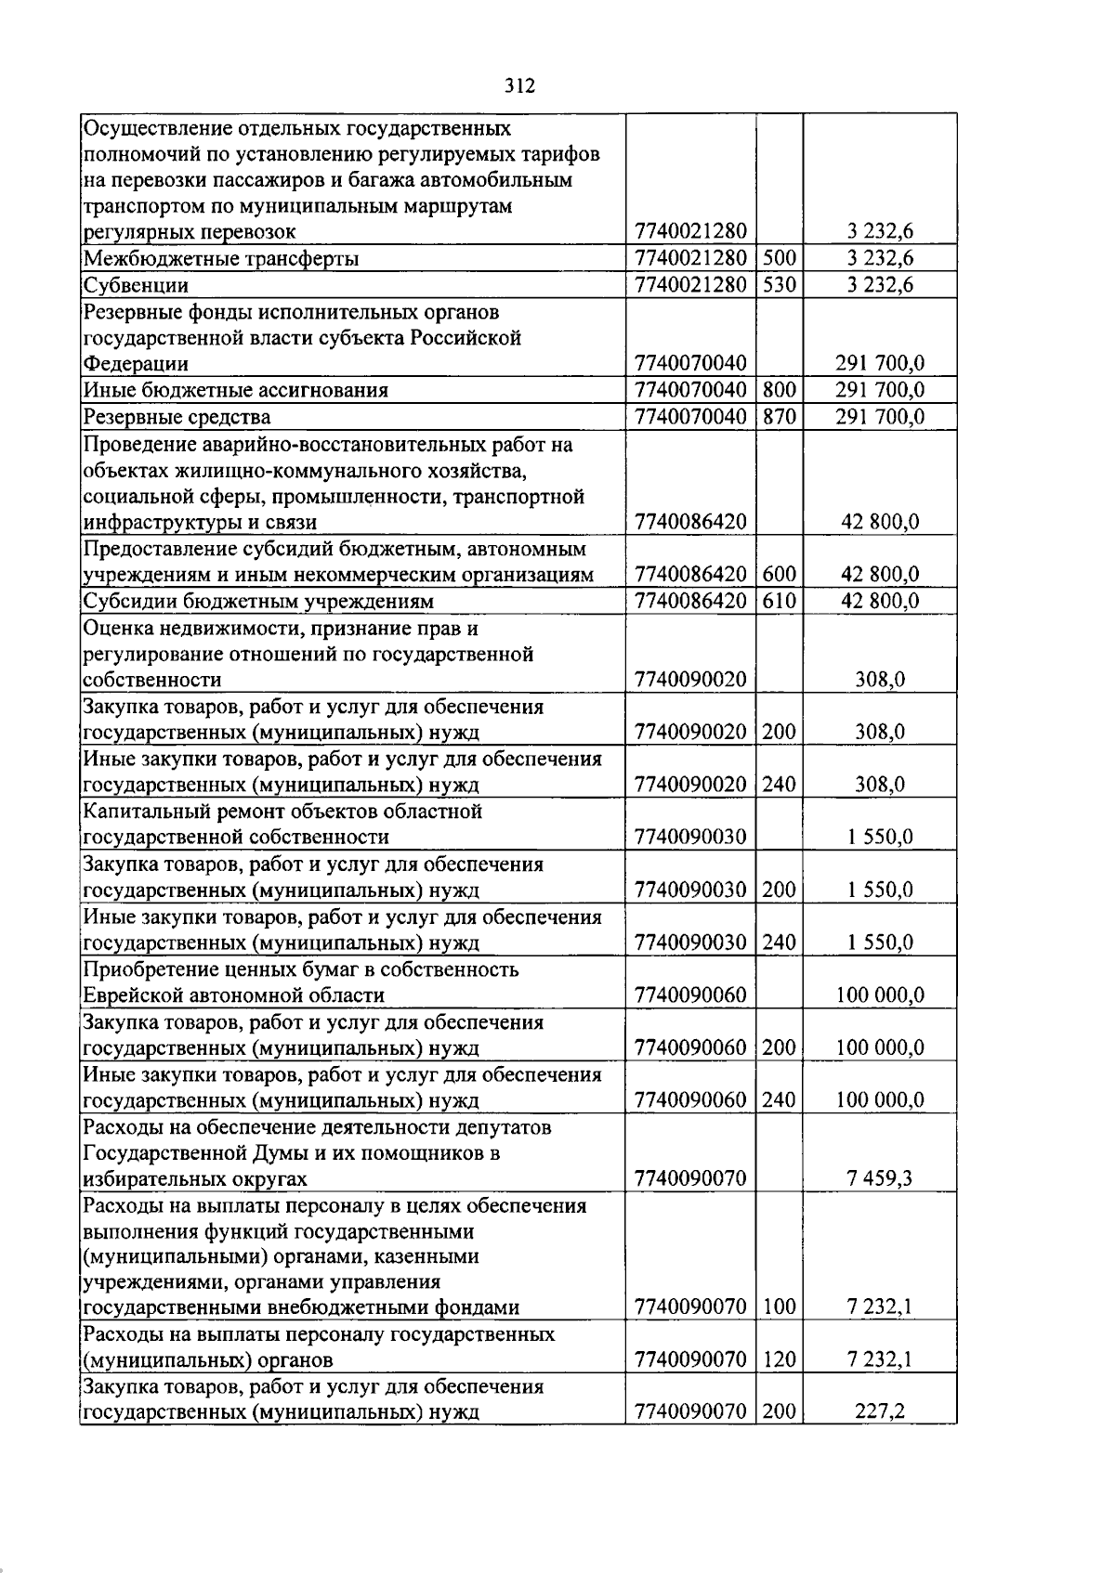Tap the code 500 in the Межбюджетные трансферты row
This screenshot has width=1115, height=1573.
(779, 258)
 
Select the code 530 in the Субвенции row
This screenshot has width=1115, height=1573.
(779, 285)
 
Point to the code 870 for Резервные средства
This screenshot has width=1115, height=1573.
(779, 417)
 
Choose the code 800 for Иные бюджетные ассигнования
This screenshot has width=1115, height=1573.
(779, 390)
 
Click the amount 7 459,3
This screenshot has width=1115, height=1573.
(879, 1179)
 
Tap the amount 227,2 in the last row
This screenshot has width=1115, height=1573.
(879, 1413)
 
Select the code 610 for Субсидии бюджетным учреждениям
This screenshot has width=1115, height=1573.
(779, 601)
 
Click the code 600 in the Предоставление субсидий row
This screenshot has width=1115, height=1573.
(779, 575)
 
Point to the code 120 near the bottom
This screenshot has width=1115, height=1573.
(779, 1360)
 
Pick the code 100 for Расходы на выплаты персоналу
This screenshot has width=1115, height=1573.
(779, 1307)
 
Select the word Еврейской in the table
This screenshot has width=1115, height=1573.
(134, 995)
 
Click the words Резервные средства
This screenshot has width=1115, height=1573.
(177, 417)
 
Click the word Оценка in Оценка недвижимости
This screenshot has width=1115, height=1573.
(115, 628)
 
